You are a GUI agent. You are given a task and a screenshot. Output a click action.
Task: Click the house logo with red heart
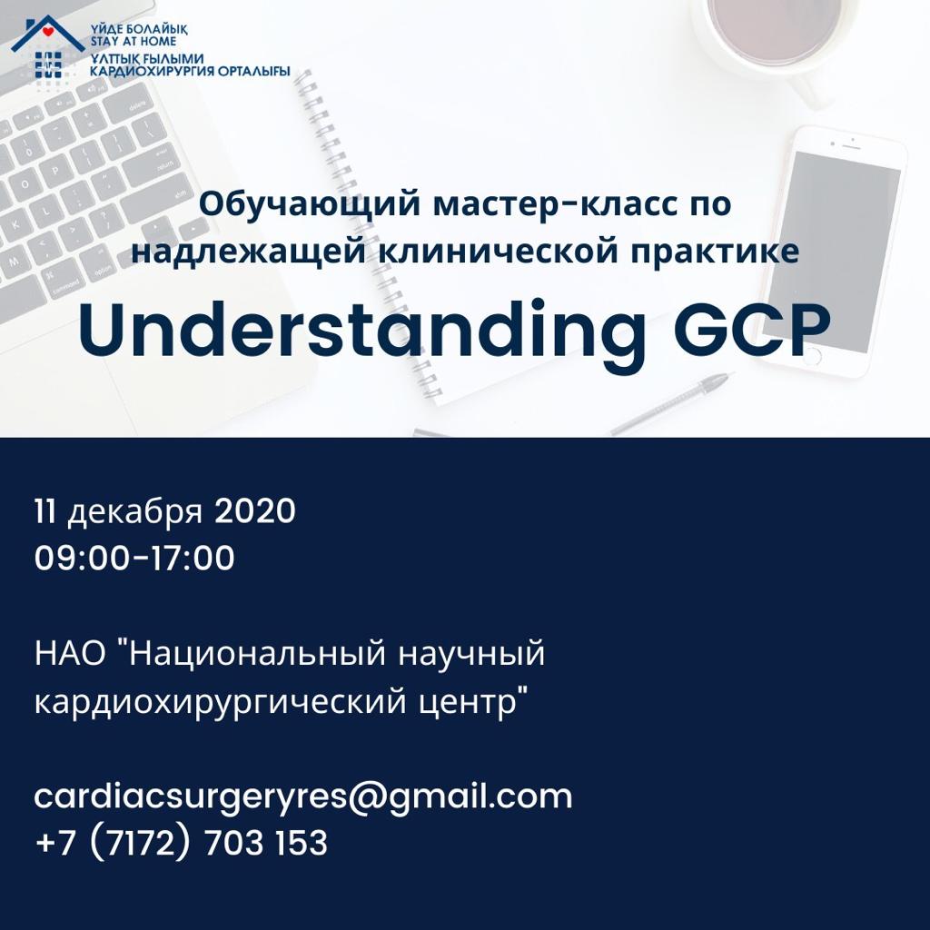coord(48,35)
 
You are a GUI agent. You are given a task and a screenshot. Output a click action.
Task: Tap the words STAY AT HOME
coord(134,42)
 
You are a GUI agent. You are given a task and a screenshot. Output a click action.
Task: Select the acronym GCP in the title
coord(751,330)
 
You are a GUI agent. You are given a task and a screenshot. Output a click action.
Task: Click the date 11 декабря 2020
coord(165,512)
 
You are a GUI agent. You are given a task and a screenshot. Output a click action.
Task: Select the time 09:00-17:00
coord(134,559)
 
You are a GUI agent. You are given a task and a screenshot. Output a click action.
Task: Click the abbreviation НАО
coord(70,654)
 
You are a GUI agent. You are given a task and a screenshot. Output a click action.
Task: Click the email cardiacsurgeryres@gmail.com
coord(303,796)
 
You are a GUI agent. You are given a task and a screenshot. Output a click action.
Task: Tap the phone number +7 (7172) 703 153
coord(182,843)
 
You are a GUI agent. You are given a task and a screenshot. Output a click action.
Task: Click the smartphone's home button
coord(811,357)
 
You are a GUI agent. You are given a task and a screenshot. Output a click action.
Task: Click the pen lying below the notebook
coord(670,402)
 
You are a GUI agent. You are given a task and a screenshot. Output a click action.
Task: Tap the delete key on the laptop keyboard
coord(137,107)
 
